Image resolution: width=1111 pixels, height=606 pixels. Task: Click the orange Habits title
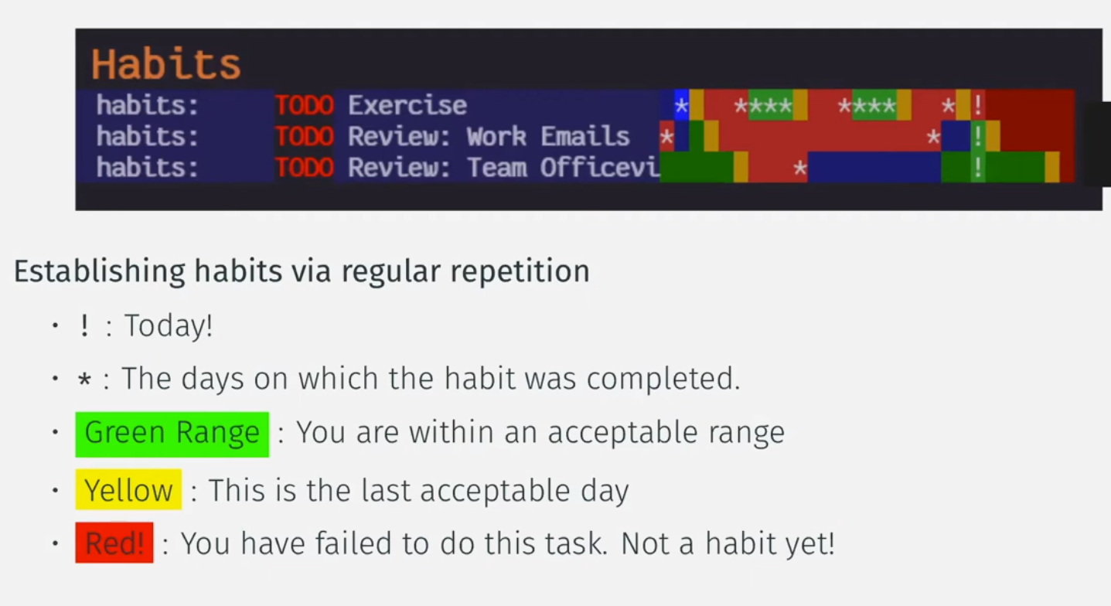point(166,64)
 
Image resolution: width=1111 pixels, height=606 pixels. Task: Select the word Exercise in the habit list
point(407,105)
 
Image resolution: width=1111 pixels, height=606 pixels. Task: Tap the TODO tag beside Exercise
point(304,105)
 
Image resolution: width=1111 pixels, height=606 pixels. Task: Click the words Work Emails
point(548,136)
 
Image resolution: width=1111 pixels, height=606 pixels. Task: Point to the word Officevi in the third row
point(600,168)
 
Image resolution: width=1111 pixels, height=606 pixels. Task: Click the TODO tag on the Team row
point(304,168)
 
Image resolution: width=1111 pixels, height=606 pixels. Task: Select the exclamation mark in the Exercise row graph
point(978,105)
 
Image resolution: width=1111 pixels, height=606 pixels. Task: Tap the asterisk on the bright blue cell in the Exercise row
point(681,105)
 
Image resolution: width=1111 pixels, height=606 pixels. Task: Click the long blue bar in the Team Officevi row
point(874,168)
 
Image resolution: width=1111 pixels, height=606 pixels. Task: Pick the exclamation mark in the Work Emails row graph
point(978,136)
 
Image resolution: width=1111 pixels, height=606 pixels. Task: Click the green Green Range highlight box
point(172,434)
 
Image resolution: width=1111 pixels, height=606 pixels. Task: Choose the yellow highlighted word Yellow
point(128,489)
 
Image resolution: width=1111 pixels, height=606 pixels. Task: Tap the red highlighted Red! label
point(114,543)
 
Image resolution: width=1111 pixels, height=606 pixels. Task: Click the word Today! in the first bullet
point(169,326)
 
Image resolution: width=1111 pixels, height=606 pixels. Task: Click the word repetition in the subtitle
point(520,271)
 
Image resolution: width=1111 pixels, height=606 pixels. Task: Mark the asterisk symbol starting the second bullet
point(84,380)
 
